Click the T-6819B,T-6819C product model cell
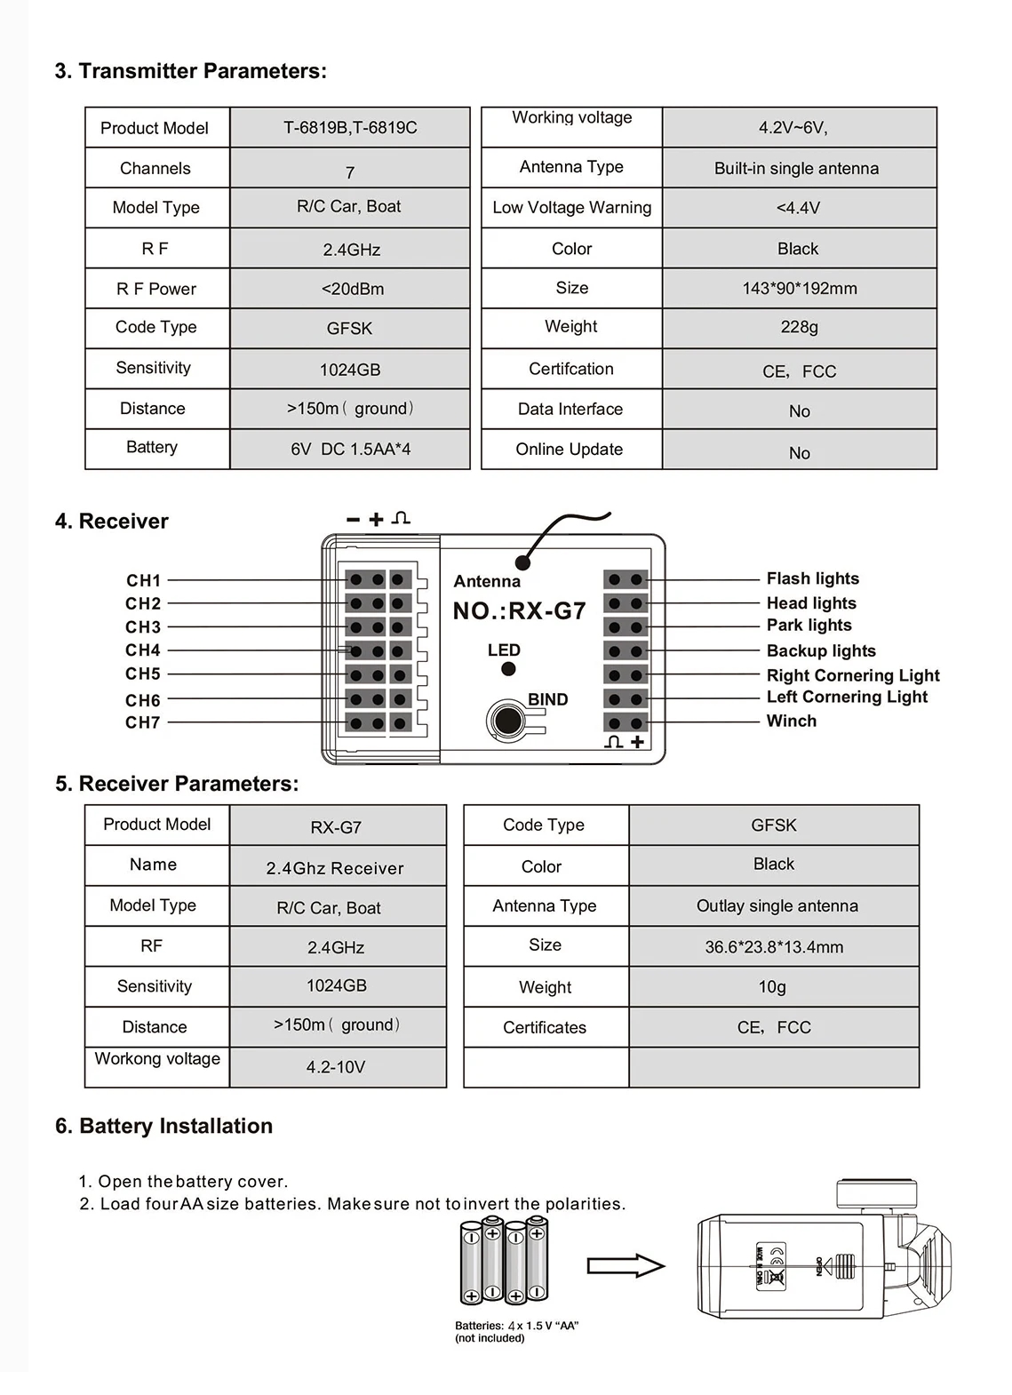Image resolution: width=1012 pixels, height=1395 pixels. click(x=350, y=127)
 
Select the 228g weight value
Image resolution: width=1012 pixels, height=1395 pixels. click(x=799, y=327)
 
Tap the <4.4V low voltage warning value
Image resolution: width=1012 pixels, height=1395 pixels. click(x=798, y=208)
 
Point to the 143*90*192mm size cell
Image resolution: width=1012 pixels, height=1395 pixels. click(x=799, y=288)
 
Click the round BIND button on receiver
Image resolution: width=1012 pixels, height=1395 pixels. click(x=507, y=719)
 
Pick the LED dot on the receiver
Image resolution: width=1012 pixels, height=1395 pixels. click(x=508, y=669)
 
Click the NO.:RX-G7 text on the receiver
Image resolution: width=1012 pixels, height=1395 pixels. click(x=519, y=611)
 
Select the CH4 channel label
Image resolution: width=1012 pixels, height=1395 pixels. click(x=143, y=650)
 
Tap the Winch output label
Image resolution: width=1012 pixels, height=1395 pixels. click(x=791, y=721)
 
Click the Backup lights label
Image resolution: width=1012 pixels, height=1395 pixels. click(x=820, y=651)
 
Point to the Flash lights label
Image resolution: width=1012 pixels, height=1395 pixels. click(x=812, y=578)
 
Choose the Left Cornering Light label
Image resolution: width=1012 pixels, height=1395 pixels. click(x=846, y=697)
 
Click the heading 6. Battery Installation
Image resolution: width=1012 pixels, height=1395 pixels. click(x=163, y=1126)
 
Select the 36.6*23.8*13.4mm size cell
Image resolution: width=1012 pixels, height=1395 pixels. click(x=774, y=947)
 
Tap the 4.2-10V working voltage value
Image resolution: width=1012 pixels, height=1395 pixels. click(x=336, y=1067)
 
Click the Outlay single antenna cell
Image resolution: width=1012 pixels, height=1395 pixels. click(x=777, y=906)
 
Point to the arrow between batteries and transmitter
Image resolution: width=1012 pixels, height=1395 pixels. click(x=626, y=1265)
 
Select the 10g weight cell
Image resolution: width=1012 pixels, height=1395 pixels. click(x=772, y=987)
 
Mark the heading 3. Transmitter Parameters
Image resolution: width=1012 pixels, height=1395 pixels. click(x=190, y=71)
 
